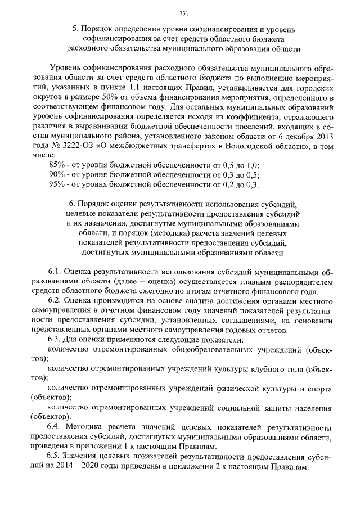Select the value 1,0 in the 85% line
click(x=253, y=165)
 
